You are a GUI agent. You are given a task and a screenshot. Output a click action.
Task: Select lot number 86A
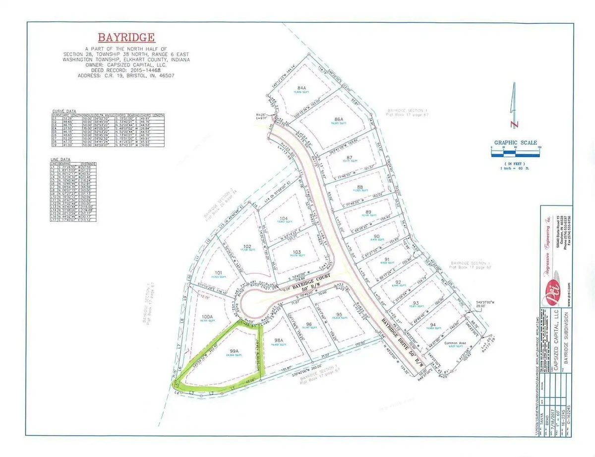coord(339,120)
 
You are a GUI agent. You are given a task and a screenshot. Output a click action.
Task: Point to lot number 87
coord(350,157)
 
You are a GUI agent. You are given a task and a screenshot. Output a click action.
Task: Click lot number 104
coord(283,219)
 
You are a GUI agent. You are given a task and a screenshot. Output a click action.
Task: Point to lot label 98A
coord(278,340)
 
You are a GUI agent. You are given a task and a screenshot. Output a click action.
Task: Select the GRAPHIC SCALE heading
coord(515,143)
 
